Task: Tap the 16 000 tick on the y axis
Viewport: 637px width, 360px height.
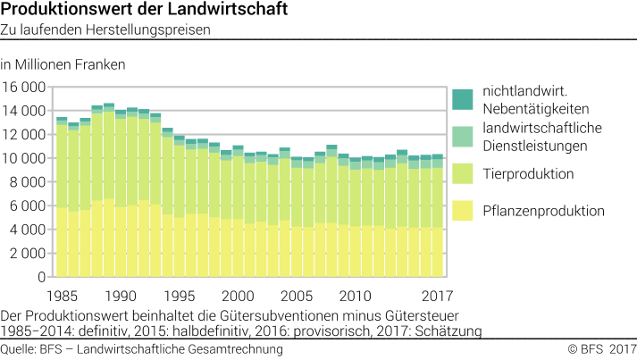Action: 24,88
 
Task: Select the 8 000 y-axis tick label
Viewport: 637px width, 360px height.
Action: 27,182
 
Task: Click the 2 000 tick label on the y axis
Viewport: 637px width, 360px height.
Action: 27,253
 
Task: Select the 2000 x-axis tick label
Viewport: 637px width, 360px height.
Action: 238,296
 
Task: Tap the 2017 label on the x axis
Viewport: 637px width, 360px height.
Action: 438,296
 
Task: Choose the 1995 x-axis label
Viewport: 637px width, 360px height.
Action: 179,296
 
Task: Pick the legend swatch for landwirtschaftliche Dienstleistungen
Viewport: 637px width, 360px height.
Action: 462,136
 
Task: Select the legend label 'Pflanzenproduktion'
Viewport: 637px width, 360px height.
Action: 543,212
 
